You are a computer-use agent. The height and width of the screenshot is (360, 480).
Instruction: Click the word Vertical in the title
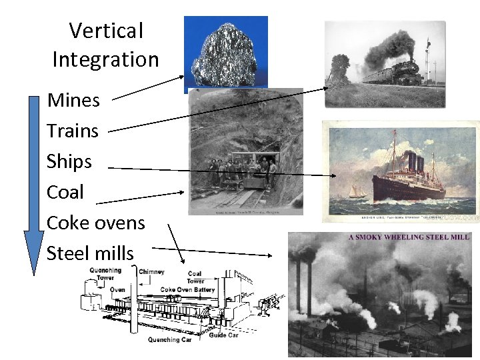(x=106, y=31)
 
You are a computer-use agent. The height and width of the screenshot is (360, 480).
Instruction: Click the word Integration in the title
(x=106, y=59)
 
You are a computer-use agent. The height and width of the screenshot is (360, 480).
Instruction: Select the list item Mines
(x=73, y=101)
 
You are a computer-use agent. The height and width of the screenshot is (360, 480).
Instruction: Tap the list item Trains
(x=73, y=131)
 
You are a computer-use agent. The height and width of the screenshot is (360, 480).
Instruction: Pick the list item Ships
(x=69, y=161)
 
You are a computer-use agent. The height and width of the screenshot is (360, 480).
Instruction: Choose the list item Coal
(x=65, y=192)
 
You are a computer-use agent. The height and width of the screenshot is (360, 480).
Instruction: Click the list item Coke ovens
(x=96, y=223)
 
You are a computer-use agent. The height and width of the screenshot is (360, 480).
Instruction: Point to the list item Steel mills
(x=90, y=253)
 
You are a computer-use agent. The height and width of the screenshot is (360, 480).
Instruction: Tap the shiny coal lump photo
(x=226, y=51)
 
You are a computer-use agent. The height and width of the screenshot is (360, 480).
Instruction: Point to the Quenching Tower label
(x=105, y=274)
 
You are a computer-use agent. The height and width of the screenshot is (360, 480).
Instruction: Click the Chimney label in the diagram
(x=151, y=272)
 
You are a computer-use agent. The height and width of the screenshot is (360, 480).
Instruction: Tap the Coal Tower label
(x=195, y=277)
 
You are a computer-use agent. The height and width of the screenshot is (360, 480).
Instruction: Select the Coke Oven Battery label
(x=187, y=290)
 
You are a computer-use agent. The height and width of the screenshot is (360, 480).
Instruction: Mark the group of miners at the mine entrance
(x=244, y=170)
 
